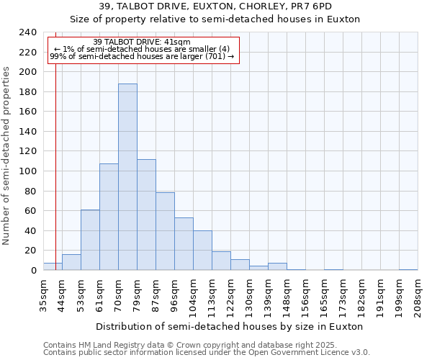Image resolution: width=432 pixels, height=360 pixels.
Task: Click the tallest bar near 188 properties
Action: pos(127,177)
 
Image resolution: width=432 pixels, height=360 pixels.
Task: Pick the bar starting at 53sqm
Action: pos(90,240)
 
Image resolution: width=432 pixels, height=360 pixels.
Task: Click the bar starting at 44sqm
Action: pos(71,262)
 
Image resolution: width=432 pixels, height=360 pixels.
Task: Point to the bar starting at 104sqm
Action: pos(202,251)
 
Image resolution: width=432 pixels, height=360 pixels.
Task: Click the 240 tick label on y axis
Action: pos(27,32)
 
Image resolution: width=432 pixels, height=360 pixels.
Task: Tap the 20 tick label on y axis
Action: pos(30,251)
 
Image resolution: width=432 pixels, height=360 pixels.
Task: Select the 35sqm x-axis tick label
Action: pos(43,294)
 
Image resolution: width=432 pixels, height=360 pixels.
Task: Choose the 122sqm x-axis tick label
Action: pos(230,294)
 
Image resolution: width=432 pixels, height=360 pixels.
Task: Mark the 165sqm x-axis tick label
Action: pos(324,294)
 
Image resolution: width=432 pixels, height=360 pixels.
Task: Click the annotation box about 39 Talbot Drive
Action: pos(142,49)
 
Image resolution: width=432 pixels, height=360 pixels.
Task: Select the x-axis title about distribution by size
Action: pos(229,326)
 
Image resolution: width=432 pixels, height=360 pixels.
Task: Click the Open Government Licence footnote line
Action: pos(207,353)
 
